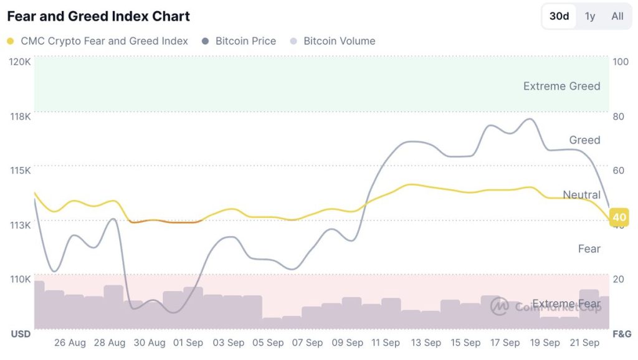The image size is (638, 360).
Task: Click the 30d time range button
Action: tap(559, 16)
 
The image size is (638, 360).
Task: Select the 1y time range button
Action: tap(589, 16)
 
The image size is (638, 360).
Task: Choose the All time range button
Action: tap(617, 16)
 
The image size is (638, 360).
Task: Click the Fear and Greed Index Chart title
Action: tap(98, 16)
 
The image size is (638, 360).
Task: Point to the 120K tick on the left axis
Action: tap(20, 62)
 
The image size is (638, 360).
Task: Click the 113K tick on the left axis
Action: tap(20, 225)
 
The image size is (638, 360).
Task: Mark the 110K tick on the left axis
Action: tap(20, 279)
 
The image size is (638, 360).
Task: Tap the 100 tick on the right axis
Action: tap(621, 62)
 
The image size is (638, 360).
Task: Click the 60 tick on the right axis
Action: tap(619, 171)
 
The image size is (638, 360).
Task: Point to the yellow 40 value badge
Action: tap(619, 217)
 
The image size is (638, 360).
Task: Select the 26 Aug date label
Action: tap(70, 343)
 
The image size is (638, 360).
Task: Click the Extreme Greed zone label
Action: tap(561, 86)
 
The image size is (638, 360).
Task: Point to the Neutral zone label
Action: tap(581, 195)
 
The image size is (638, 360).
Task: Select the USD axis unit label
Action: tap(21, 334)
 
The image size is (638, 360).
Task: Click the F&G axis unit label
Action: tap(621, 334)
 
